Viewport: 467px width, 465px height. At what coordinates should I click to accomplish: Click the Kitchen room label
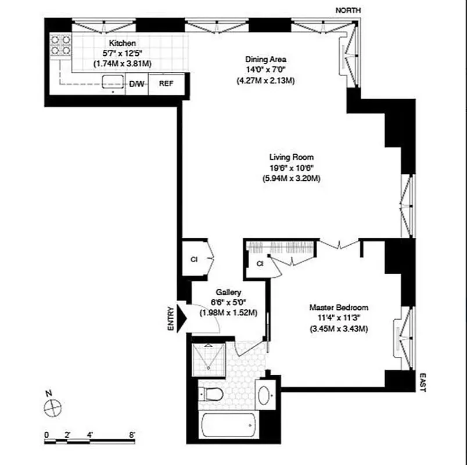(x=123, y=43)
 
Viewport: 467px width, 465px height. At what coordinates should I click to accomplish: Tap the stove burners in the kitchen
(x=60, y=45)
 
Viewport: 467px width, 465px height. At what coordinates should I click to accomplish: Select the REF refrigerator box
(x=166, y=84)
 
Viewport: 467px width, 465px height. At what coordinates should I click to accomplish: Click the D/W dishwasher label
(x=136, y=84)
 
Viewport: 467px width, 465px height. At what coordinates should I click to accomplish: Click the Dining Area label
(x=265, y=59)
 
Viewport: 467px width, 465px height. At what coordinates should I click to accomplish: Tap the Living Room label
(x=291, y=157)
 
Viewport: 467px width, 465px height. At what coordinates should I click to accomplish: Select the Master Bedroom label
(x=339, y=307)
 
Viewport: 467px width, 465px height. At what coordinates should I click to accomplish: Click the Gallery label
(x=228, y=292)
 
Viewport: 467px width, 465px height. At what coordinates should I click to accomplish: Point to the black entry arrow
(x=181, y=317)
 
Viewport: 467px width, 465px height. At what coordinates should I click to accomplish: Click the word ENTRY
(x=171, y=319)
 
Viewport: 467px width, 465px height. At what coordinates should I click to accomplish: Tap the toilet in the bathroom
(x=213, y=394)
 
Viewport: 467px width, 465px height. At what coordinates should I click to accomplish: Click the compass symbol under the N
(x=53, y=407)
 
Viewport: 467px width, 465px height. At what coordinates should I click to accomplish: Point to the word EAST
(x=422, y=382)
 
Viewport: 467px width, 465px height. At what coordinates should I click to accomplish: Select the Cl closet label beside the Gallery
(x=193, y=259)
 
